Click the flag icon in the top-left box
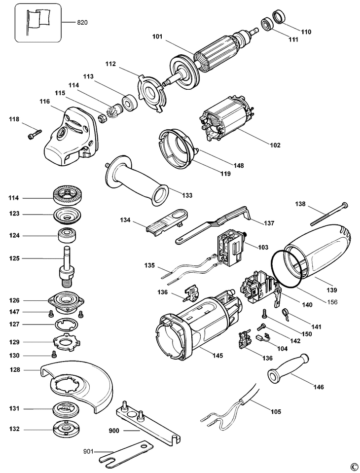coord(37,21)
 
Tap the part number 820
coord(82,23)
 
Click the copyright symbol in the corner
coord(353,466)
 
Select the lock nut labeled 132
coord(66,429)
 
